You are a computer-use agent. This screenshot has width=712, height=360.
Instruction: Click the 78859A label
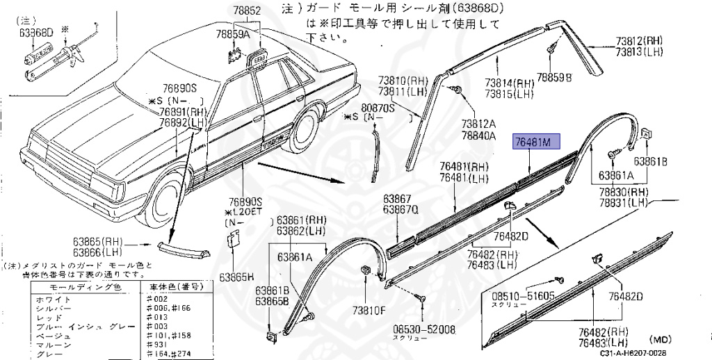(232, 33)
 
